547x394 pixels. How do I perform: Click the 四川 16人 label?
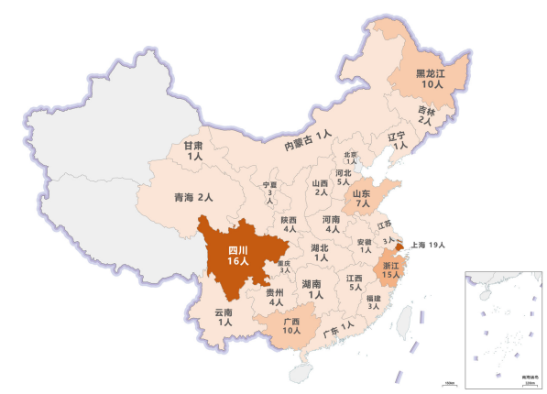coord(239,255)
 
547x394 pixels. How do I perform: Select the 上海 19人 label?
coord(427,245)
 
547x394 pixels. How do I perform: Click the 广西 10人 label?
coord(292,325)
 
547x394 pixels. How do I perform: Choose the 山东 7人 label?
coord(361,198)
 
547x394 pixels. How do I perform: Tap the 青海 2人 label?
coord(193,197)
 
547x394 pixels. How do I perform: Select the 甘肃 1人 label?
coord(193,151)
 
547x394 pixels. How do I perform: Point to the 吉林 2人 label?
coord(426,115)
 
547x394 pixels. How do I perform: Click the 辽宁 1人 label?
coord(397,141)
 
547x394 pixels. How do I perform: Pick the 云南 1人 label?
coord(224,318)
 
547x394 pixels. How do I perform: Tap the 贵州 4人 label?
coord(277,298)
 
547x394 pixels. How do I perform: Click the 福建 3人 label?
coord(373,302)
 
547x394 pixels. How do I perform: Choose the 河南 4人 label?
coord(332,224)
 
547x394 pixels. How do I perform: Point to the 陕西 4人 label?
coord(290,224)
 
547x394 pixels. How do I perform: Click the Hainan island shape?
coord(299,374)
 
